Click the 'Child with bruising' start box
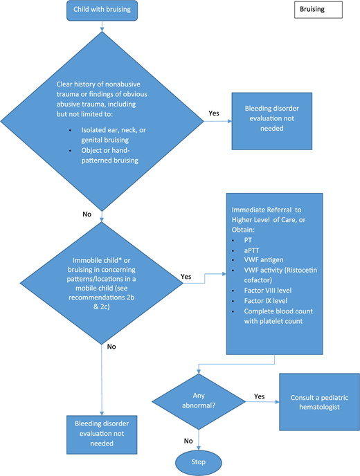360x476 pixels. (x=102, y=10)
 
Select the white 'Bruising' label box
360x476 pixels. (x=317, y=10)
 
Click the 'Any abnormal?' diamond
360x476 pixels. (x=199, y=402)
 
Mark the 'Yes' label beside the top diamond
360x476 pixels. (x=214, y=112)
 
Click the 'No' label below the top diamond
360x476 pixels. (x=87, y=214)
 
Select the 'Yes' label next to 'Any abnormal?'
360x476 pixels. (x=260, y=396)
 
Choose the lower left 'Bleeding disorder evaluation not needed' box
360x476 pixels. (x=102, y=432)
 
